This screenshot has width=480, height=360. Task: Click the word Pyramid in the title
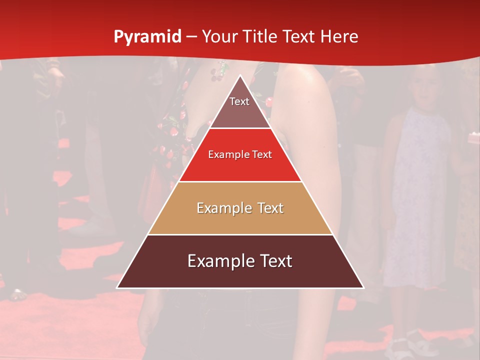[147, 37]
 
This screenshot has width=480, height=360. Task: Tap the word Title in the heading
[259, 36]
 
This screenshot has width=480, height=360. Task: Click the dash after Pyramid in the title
[191, 37]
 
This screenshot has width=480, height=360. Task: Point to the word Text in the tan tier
[267, 208]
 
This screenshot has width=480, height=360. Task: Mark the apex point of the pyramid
[240, 75]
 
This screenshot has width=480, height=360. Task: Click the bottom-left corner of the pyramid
[117, 288]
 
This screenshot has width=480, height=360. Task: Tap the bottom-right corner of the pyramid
[363, 288]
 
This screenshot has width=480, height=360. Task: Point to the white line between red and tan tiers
[240, 181]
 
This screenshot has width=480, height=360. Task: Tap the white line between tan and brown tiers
[240, 234]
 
